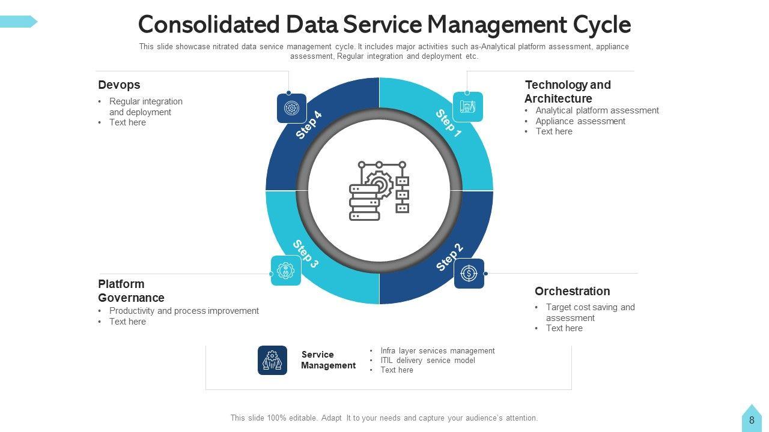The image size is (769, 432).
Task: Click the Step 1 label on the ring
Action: [448, 123]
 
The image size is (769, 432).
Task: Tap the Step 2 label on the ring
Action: [449, 257]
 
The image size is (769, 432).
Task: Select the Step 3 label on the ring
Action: [305, 254]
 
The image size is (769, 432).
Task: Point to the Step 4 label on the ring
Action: [309, 125]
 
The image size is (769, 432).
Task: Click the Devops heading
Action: [119, 85]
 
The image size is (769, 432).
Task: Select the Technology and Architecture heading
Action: [567, 91]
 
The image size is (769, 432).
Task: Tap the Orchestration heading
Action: [572, 291]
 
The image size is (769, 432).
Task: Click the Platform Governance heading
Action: [131, 290]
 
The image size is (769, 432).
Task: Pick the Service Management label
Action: [328, 360]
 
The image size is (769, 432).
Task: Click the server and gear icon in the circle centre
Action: [379, 190]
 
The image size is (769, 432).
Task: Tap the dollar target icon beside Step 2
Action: [469, 274]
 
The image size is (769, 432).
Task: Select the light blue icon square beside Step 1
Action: [467, 107]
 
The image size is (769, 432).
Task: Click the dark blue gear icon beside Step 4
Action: [291, 109]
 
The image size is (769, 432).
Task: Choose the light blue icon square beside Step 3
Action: [286, 271]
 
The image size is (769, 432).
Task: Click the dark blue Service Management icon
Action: [272, 360]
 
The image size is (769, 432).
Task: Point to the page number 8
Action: [751, 421]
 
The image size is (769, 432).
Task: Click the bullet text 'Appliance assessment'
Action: [580, 121]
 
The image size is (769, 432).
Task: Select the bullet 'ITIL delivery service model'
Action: [427, 361]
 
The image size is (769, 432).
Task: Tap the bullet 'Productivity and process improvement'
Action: [184, 311]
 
